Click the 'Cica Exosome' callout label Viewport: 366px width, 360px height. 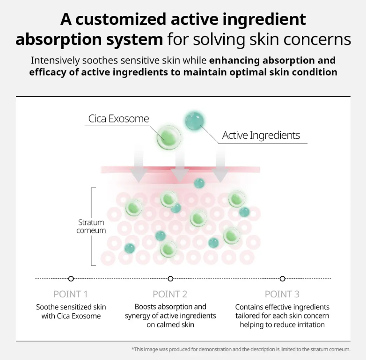pos(118,119)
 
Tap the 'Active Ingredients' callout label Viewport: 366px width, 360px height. pos(261,135)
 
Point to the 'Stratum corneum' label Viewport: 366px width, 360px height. pos(91,226)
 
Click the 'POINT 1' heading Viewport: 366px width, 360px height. pos(71,294)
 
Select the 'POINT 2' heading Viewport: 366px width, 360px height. pos(170,294)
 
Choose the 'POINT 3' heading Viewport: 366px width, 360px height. pos(282,294)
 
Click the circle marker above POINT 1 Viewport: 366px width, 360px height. pos(71,279)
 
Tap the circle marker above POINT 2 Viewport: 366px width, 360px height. pos(170,279)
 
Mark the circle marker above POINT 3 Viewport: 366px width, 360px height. pos(282,279)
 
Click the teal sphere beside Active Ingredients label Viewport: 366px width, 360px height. pos(194,121)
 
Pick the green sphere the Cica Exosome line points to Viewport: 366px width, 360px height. pos(169,138)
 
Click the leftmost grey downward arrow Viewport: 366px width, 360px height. pos(139,166)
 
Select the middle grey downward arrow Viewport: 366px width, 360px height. pos(180,166)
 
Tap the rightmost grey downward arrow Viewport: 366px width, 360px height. pos(220,166)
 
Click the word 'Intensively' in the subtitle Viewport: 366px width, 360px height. pos(55,60)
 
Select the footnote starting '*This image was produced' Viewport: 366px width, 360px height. pos(241,349)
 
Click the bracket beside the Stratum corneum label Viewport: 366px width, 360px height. pos(92,226)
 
